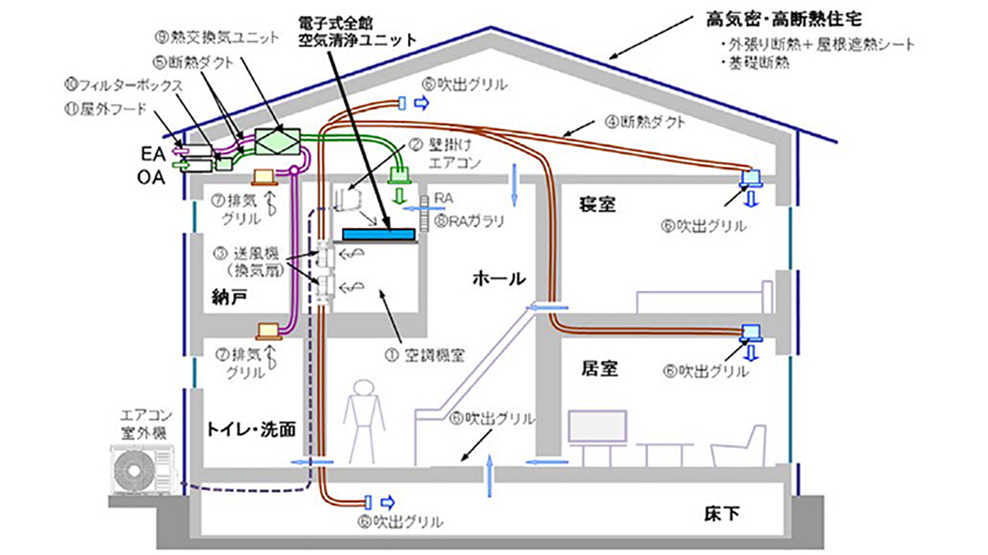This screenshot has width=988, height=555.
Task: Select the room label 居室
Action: [x=597, y=368]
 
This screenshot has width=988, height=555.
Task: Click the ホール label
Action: [x=498, y=278]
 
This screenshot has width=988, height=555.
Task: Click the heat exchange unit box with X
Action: [x=277, y=140]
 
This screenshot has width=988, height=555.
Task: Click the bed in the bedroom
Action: [x=705, y=298]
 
